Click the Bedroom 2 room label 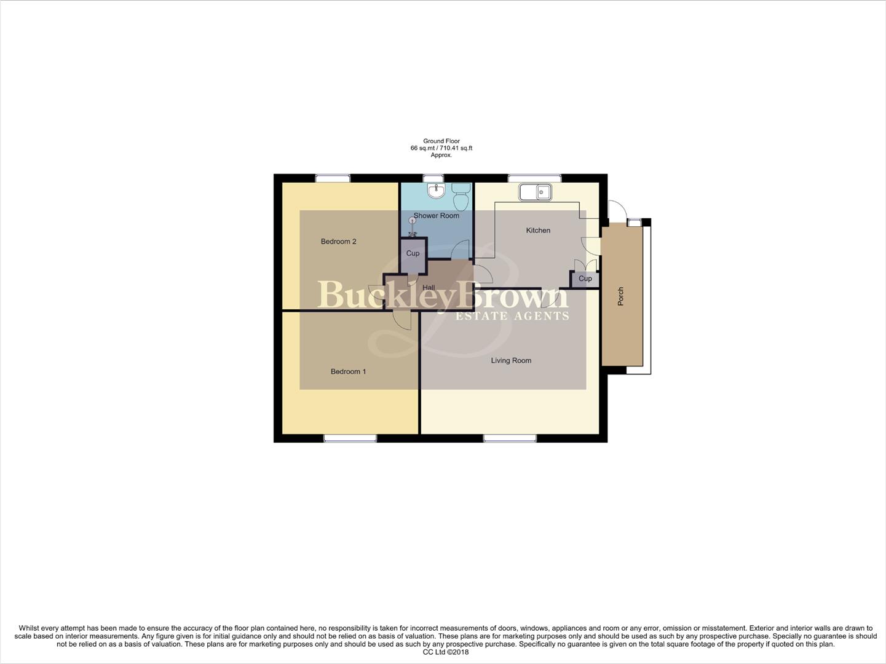(338, 242)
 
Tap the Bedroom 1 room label (348, 371)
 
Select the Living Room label (511, 361)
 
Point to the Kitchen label (538, 231)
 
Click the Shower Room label (436, 216)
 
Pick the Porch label (621, 296)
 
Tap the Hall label (429, 288)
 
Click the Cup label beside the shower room (413, 253)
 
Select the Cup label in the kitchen (585, 279)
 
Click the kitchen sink (535, 192)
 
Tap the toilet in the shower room (461, 196)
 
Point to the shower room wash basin (436, 191)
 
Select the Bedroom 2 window (333, 178)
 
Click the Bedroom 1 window (350, 438)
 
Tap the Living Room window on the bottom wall (510, 438)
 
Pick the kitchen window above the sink (534, 178)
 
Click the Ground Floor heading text (441, 141)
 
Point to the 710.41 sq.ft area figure (456, 148)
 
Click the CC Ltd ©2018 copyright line (442, 652)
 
